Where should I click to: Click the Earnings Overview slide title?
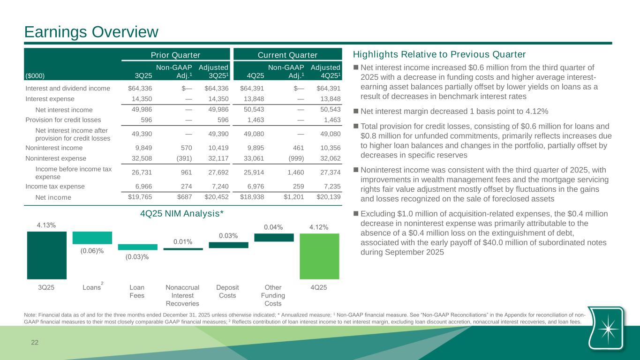(91, 32)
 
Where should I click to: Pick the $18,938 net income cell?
(252, 197)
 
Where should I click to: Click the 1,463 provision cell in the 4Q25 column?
(255, 120)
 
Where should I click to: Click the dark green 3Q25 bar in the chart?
(46, 255)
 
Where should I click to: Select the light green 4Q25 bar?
(319, 256)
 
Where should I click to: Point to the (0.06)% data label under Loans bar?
(92, 251)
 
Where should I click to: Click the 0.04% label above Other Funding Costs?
(273, 227)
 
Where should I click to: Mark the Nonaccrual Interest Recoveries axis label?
(182, 295)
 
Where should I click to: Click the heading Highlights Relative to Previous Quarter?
(439, 54)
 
